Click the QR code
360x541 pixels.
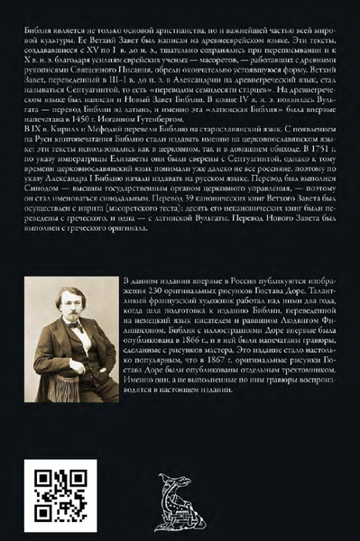pyautogui.click(x=56, y=491)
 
